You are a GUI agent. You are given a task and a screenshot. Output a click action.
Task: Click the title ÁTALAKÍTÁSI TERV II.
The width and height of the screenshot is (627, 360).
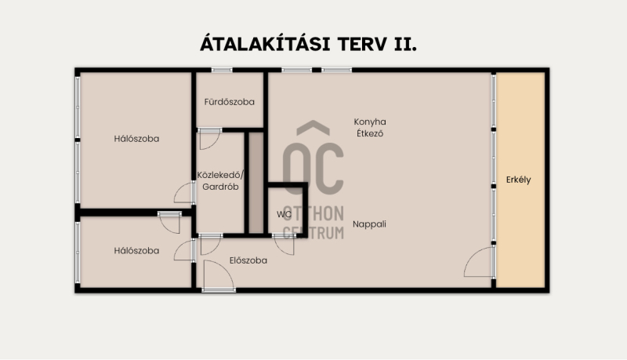[x=308, y=44]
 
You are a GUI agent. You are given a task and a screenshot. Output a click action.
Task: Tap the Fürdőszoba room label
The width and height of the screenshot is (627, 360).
[x=229, y=102]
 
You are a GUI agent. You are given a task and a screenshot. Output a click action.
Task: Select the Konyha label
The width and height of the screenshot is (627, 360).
[x=370, y=122]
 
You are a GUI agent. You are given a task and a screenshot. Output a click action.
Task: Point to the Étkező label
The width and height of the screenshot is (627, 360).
[x=370, y=133]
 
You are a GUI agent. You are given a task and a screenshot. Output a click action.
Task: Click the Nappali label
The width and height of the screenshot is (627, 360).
[x=369, y=224]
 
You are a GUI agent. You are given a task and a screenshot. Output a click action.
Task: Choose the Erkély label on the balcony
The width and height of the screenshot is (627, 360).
[x=518, y=180]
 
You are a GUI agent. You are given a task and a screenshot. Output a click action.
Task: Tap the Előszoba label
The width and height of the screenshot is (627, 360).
[x=248, y=260]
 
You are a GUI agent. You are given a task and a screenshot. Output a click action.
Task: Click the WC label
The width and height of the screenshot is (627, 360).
[x=284, y=214]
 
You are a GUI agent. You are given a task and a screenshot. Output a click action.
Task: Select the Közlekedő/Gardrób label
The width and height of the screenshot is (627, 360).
[x=220, y=181]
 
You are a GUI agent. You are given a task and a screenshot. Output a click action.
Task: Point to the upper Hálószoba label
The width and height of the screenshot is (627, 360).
[x=136, y=139]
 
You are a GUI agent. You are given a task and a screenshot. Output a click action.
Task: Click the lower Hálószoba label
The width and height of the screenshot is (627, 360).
[x=136, y=251]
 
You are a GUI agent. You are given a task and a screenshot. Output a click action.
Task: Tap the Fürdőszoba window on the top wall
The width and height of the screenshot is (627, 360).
[x=222, y=70]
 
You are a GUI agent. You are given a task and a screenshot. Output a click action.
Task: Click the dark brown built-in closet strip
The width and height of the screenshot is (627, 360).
[x=256, y=183]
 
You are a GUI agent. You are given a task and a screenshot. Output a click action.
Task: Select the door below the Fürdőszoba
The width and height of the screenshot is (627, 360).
[x=209, y=139]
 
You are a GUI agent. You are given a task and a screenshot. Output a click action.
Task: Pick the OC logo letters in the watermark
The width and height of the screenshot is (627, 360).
[x=313, y=159]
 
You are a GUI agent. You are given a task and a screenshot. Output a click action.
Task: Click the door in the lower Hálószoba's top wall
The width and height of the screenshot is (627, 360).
[x=169, y=222]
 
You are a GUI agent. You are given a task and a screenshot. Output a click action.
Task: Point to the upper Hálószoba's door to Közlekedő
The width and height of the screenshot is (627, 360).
[x=185, y=192]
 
